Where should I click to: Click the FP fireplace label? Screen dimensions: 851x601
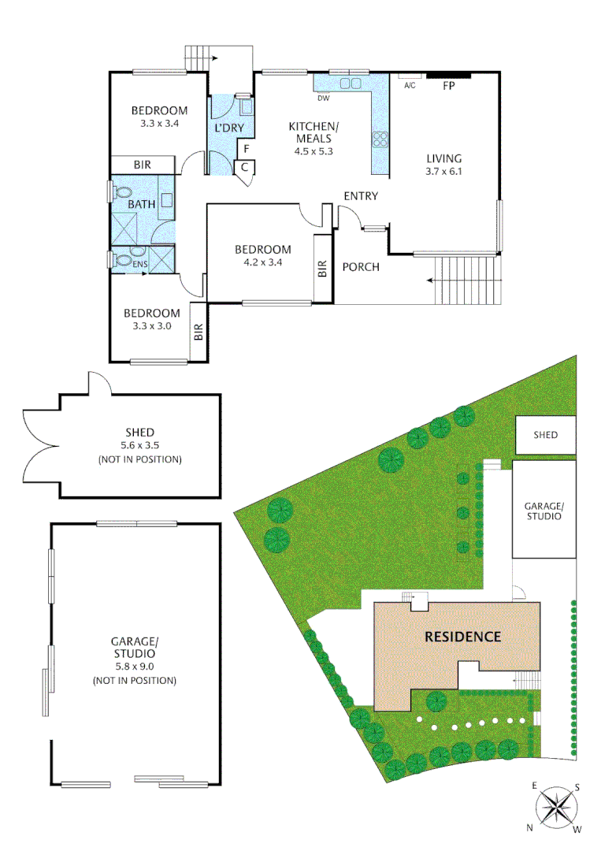(x=450, y=86)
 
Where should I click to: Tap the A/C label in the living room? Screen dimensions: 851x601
(x=410, y=86)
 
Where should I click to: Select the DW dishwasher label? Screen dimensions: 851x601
(x=323, y=98)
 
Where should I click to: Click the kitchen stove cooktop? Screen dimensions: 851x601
(x=380, y=139)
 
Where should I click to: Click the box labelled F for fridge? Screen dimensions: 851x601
(x=246, y=148)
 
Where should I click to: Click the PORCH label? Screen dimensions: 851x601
(x=361, y=267)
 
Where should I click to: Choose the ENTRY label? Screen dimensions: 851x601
(x=361, y=196)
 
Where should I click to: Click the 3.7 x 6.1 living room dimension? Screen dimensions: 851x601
(x=443, y=171)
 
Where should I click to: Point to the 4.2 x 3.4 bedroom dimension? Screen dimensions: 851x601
(x=262, y=264)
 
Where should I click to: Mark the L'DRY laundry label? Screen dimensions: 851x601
(x=229, y=128)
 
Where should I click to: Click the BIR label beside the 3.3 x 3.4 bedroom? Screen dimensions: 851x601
(x=143, y=165)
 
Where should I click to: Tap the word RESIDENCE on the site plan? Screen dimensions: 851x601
(x=462, y=637)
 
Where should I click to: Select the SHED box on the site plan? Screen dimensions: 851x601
(x=545, y=435)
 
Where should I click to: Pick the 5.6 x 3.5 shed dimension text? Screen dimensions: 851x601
(x=139, y=446)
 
